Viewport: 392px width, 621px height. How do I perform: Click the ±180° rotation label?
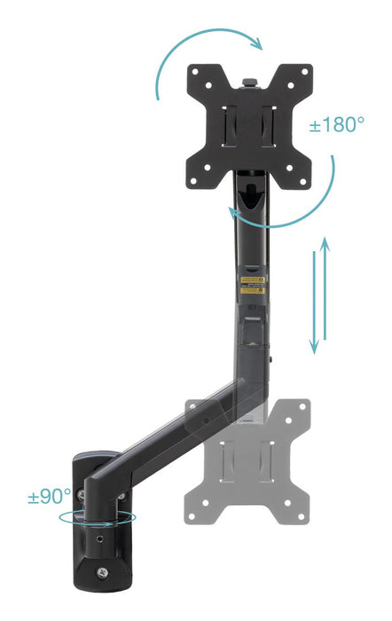336,124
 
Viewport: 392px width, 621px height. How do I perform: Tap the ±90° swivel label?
50,496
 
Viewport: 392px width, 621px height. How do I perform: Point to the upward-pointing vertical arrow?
325,293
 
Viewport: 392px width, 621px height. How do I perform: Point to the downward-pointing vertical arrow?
313,302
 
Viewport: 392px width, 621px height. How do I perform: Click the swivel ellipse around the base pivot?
98,518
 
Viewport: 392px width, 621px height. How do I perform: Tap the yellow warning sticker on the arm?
254,283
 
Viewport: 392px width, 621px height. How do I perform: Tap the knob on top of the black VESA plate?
248,82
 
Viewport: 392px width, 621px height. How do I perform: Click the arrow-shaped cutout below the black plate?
249,190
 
